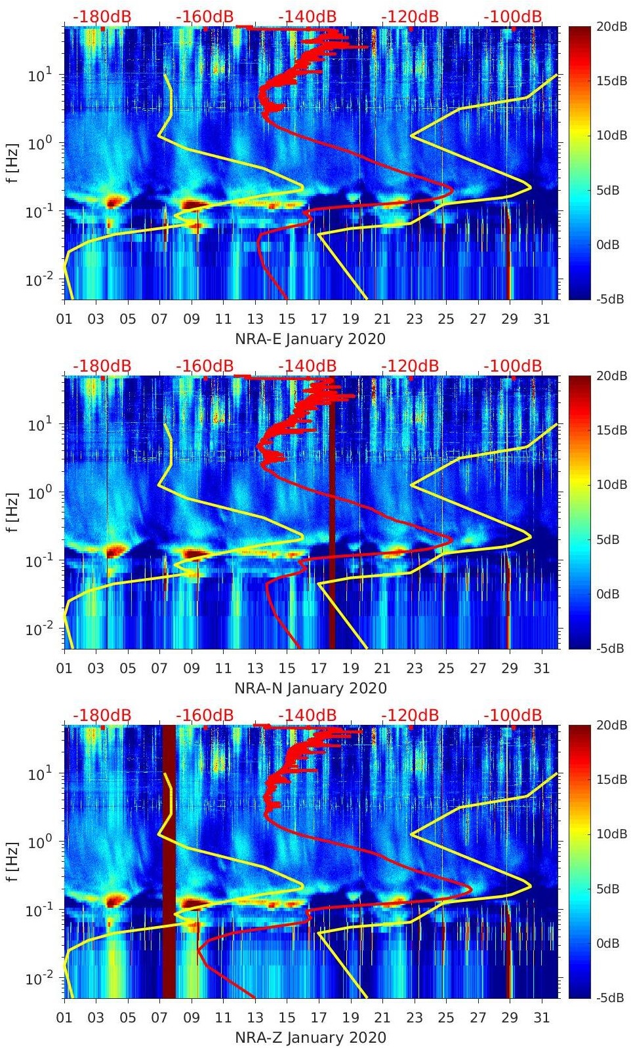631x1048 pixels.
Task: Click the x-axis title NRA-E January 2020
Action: click(x=310, y=339)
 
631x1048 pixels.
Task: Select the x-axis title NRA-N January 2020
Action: click(x=310, y=688)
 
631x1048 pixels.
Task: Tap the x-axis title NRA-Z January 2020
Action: click(x=310, y=1038)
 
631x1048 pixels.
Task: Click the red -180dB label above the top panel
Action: click(x=102, y=16)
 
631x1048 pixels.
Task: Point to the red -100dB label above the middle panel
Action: click(x=513, y=366)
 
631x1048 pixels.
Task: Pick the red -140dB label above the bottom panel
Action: click(x=307, y=715)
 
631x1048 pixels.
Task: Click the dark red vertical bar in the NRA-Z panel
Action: click(x=169, y=861)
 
